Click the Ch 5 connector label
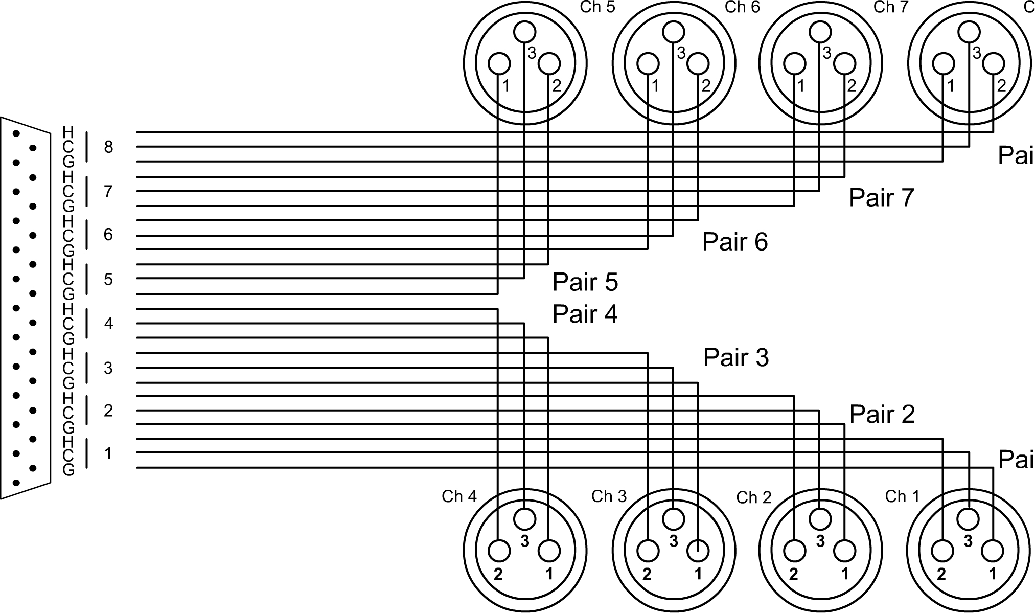click(x=597, y=8)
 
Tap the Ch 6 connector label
click(x=742, y=8)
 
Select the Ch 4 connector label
click(x=459, y=496)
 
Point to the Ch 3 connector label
click(x=609, y=496)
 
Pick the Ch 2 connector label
click(x=754, y=497)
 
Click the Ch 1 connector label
click(x=902, y=496)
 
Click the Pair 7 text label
click(x=881, y=197)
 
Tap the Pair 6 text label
click(x=735, y=242)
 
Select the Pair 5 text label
click(x=585, y=282)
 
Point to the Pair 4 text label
click(x=585, y=314)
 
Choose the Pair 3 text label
click(x=736, y=357)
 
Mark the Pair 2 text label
click(x=882, y=415)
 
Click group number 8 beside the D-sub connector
click(x=108, y=147)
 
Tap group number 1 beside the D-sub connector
click(x=108, y=453)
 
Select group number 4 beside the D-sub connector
click(x=108, y=324)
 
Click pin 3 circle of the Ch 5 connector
click(x=524, y=32)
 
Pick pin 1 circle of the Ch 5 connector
click(x=499, y=64)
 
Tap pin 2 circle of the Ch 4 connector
click(x=499, y=552)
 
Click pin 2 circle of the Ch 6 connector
click(x=698, y=64)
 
